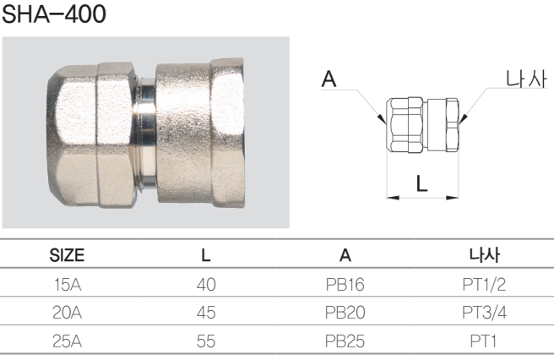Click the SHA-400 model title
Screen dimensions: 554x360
click(x=54, y=14)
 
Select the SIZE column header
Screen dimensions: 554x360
click(x=67, y=255)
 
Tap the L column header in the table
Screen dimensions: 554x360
click(x=206, y=255)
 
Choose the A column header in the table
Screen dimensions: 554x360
click(x=345, y=255)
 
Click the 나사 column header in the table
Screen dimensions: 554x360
click(x=484, y=255)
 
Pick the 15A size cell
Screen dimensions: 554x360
click(x=68, y=284)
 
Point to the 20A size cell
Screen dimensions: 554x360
click(x=67, y=313)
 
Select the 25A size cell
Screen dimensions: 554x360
click(x=67, y=341)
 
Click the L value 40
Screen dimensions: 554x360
click(x=206, y=284)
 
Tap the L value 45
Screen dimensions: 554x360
click(x=206, y=313)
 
